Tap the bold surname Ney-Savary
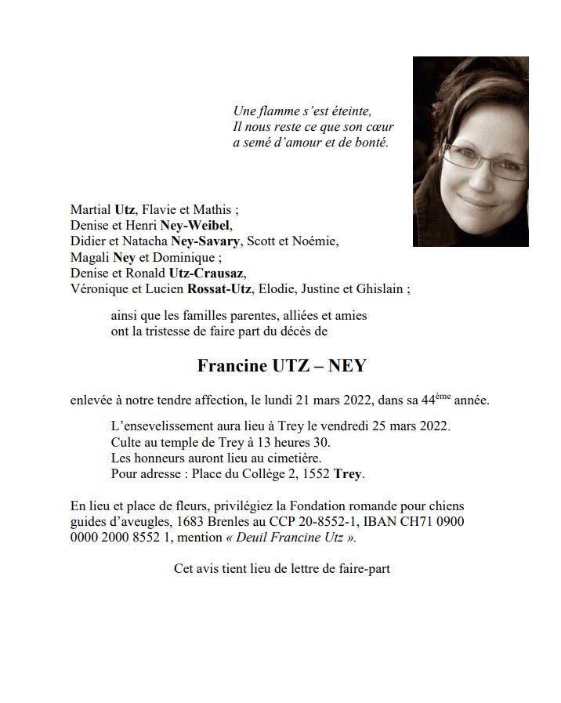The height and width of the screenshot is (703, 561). [201, 241]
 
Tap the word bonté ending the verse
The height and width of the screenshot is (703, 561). [393, 143]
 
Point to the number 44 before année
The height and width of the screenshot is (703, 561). [429, 400]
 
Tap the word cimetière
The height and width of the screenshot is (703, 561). [294, 458]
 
